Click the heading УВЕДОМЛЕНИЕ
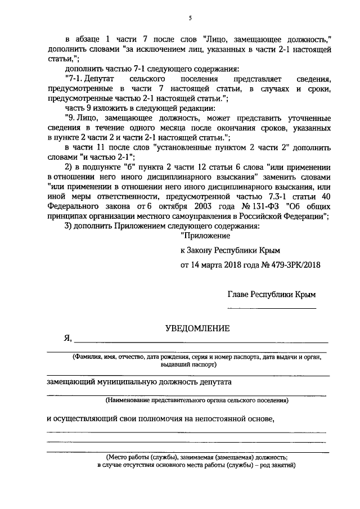[196, 328]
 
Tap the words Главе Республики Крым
[271, 294]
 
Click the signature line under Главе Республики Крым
[271, 308]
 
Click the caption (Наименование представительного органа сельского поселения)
[197, 401]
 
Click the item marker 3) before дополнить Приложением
[70, 227]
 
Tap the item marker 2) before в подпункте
[70, 168]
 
